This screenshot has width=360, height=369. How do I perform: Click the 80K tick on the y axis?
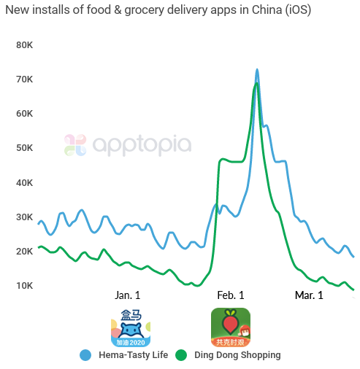pyautogui.click(x=25, y=44)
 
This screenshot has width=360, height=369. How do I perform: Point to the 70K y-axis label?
pyautogui.click(x=25, y=79)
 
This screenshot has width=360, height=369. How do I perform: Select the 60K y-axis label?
pyautogui.click(x=25, y=114)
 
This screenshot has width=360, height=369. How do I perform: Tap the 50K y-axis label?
pyautogui.click(x=25, y=148)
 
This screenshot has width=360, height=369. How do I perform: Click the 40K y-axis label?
pyautogui.click(x=25, y=182)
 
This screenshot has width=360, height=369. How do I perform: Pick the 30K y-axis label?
pyautogui.click(x=25, y=217)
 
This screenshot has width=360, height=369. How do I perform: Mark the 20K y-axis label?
pyautogui.click(x=25, y=252)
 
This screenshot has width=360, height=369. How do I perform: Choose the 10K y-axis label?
pyautogui.click(x=25, y=285)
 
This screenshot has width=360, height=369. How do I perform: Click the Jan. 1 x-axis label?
pyautogui.click(x=128, y=295)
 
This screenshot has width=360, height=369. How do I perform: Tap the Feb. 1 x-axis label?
pyautogui.click(x=231, y=295)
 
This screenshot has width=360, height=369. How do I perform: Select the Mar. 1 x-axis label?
pyautogui.click(x=309, y=295)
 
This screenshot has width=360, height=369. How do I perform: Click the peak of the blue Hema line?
pyautogui.click(x=257, y=70)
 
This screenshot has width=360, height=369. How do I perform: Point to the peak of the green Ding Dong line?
pyautogui.click(x=256, y=84)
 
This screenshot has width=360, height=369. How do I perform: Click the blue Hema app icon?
pyautogui.click(x=131, y=327)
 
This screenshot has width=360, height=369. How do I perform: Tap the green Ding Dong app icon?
pyautogui.click(x=231, y=327)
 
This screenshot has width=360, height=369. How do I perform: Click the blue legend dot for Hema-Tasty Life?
pyautogui.click(x=86, y=355)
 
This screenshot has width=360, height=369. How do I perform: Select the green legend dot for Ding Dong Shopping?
pyautogui.click(x=181, y=355)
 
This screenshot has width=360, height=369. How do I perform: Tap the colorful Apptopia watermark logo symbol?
pyautogui.click(x=75, y=144)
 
